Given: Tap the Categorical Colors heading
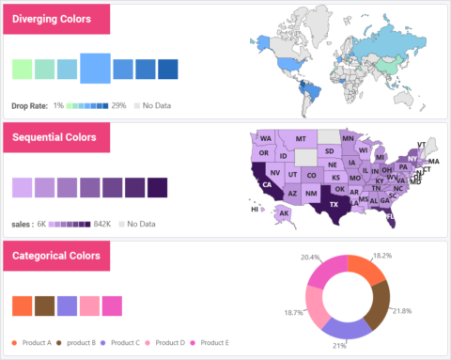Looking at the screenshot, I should pyautogui.click(x=57, y=256).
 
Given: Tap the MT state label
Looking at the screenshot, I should pyautogui.click(x=302, y=139).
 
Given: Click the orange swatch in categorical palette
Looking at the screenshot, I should pyautogui.click(x=23, y=306).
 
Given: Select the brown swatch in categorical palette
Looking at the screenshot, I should pyautogui.click(x=45, y=306).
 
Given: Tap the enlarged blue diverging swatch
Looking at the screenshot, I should pyautogui.click(x=95, y=68).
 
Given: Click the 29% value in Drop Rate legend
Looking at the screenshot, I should pyautogui.click(x=118, y=105).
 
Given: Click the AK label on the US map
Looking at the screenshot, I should pyautogui.click(x=284, y=213).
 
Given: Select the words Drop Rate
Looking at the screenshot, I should pyautogui.click(x=29, y=105).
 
